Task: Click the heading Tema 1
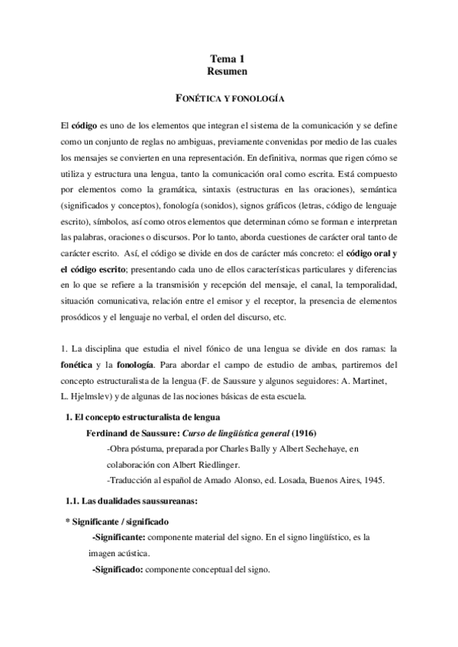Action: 229,59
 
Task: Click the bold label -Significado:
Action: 117,570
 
